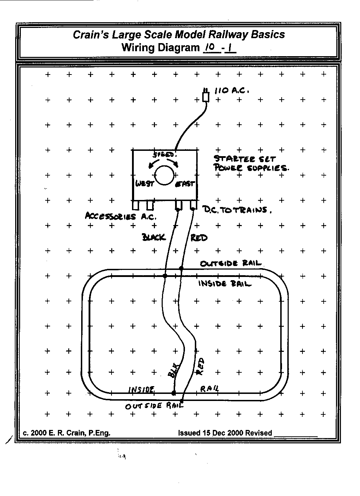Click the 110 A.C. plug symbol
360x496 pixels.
click(206, 96)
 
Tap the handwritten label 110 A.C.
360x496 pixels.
click(232, 91)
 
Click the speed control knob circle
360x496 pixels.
click(164, 175)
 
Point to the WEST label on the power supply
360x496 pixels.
click(145, 184)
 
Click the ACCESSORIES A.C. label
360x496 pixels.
click(120, 217)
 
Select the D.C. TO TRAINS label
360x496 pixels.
click(237, 211)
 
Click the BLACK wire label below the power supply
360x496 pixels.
click(154, 237)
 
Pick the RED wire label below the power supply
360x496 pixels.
click(199, 238)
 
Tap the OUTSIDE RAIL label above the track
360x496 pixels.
click(230, 264)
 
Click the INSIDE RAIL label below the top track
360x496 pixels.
click(225, 283)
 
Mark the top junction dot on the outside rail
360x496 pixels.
click(181, 268)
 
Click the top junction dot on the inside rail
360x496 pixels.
click(165, 275)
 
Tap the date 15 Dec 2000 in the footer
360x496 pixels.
click(222, 433)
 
